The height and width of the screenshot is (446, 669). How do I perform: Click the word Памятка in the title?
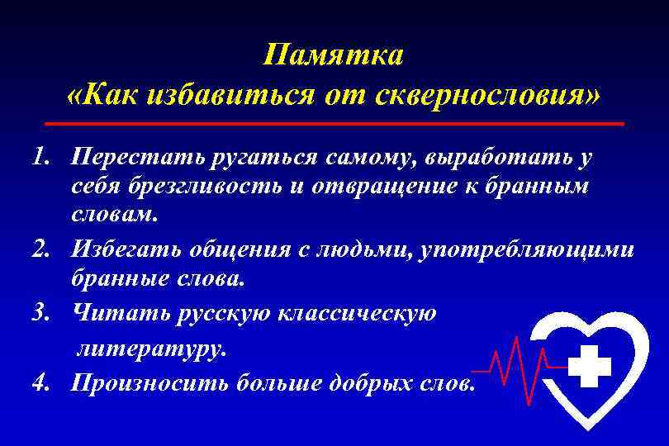(x=334, y=55)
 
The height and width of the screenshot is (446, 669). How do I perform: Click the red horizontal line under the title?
(x=334, y=123)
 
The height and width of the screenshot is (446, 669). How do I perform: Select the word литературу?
(x=150, y=349)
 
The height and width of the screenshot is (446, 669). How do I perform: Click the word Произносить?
(x=149, y=382)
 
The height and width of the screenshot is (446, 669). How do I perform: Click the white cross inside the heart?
(x=590, y=364)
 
